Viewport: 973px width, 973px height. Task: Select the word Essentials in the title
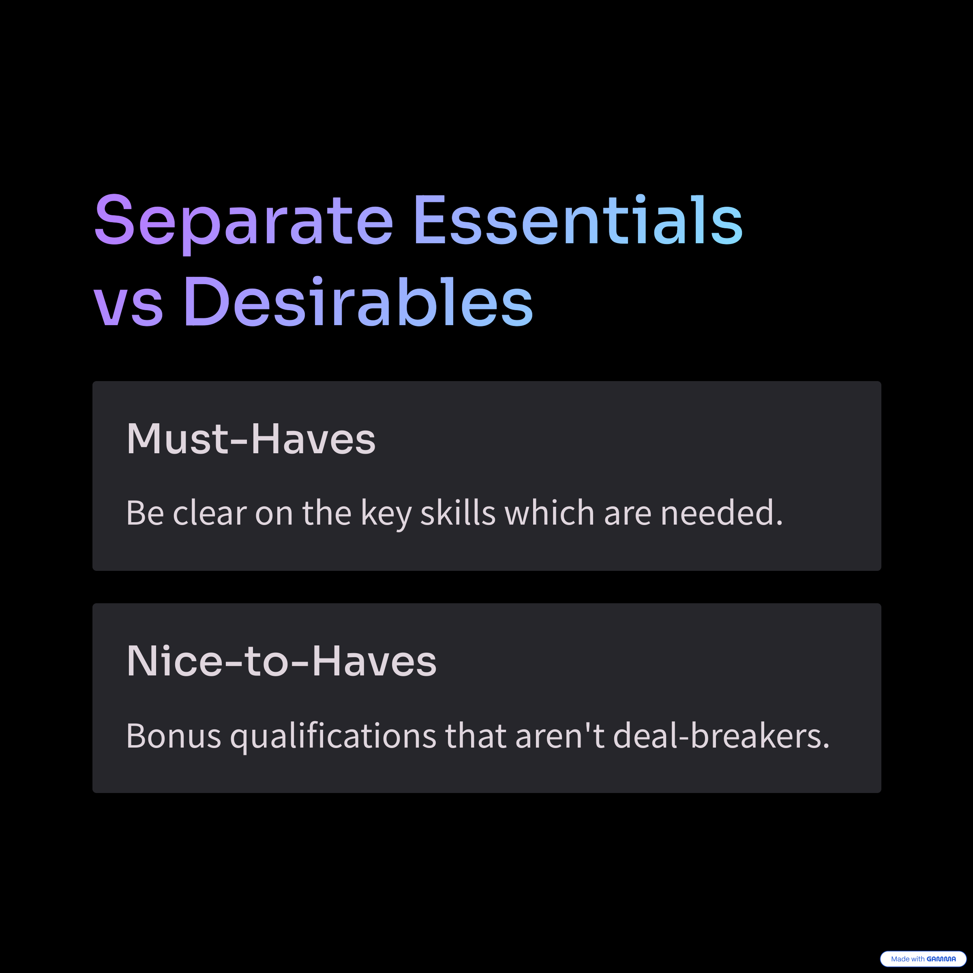click(x=579, y=220)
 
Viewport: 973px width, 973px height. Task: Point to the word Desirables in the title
click(x=358, y=301)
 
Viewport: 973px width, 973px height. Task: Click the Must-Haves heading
click(x=251, y=439)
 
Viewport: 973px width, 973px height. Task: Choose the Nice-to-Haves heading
click(x=281, y=661)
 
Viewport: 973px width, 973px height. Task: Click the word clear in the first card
click(x=210, y=513)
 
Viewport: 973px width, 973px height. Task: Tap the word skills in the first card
click(x=458, y=513)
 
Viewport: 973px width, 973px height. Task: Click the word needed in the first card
click(x=722, y=513)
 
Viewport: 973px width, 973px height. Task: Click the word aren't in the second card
click(x=560, y=736)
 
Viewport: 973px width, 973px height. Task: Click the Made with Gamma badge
click(x=923, y=959)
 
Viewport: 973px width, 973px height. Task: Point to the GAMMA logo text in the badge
click(x=941, y=959)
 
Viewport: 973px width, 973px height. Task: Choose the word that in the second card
click(x=476, y=736)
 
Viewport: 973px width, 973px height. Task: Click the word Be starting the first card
click(x=145, y=513)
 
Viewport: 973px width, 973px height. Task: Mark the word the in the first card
click(x=326, y=513)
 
